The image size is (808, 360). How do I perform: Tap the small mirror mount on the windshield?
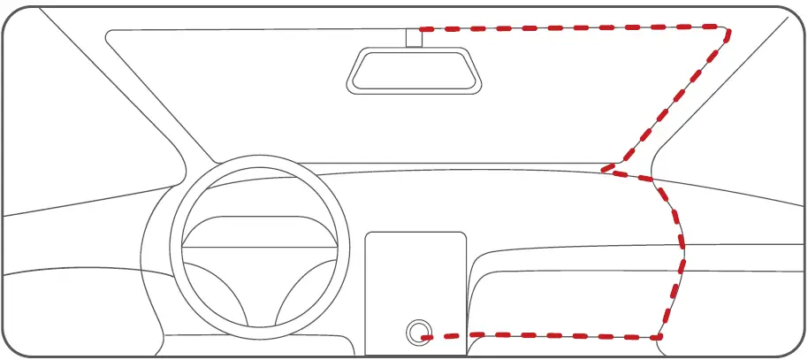414,37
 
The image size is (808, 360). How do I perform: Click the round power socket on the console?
416,333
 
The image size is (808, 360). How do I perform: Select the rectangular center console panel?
415,283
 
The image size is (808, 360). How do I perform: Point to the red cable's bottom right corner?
659,336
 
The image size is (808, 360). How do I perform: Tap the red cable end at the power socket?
427,336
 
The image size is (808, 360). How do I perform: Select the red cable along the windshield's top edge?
575,27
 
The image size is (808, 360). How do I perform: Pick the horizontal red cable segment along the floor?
548,336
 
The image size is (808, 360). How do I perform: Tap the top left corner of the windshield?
111,35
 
